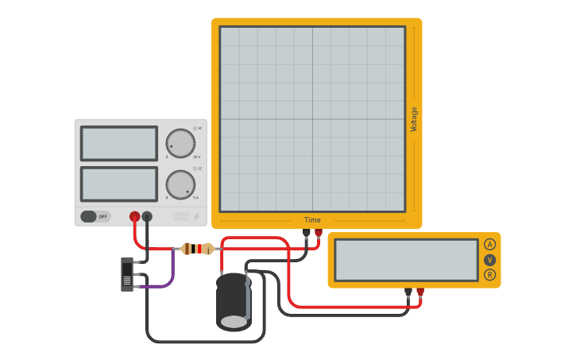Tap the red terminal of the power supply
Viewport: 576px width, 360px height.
coord(135,216)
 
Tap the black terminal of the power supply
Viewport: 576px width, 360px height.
coord(147,216)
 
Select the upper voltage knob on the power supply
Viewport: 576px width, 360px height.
coord(180,143)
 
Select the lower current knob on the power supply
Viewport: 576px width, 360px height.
coord(180,184)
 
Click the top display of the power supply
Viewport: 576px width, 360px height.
coord(119,143)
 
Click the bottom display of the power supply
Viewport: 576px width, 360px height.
coord(119,184)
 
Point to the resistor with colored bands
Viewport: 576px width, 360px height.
coord(197,249)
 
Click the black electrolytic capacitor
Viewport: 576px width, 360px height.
coord(234,302)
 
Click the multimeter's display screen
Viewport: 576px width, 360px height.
coord(406,260)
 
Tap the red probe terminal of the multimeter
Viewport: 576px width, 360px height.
coord(420,292)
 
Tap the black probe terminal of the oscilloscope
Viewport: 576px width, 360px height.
coord(307,233)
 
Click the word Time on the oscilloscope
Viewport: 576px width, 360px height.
coord(312,220)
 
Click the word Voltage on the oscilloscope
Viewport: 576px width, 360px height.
coord(414,119)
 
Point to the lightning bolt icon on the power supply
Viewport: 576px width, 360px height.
coord(197,216)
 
